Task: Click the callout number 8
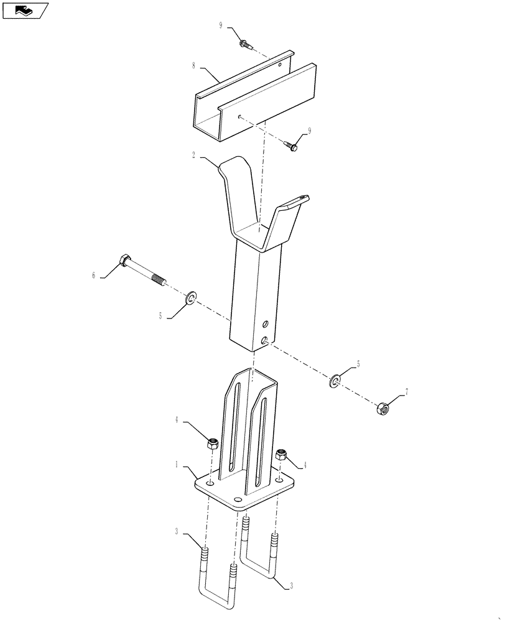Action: pos(193,66)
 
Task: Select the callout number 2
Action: pos(193,155)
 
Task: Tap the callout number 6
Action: pos(94,276)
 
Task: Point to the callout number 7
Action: pos(406,392)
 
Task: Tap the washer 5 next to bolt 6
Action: pos(191,297)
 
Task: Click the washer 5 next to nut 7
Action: pos(335,381)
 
